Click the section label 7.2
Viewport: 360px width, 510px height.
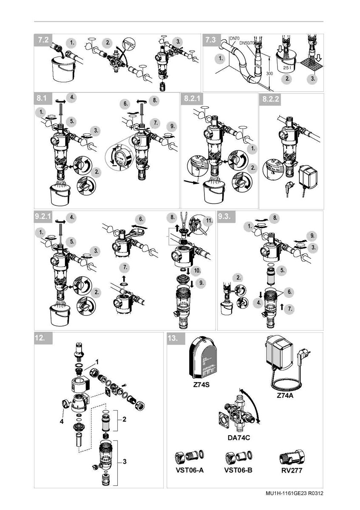[x=43, y=40]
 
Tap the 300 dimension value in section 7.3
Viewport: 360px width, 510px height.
[x=269, y=74]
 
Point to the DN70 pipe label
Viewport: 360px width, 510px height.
[x=234, y=38]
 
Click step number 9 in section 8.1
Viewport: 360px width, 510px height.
[x=171, y=126]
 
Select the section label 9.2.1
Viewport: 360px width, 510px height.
[x=43, y=216]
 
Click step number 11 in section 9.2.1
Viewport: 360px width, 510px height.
[x=209, y=221]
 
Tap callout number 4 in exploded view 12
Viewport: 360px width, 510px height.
[x=61, y=422]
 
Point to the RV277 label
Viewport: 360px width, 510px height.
[x=292, y=470]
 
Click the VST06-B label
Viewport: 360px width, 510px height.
[x=238, y=470]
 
